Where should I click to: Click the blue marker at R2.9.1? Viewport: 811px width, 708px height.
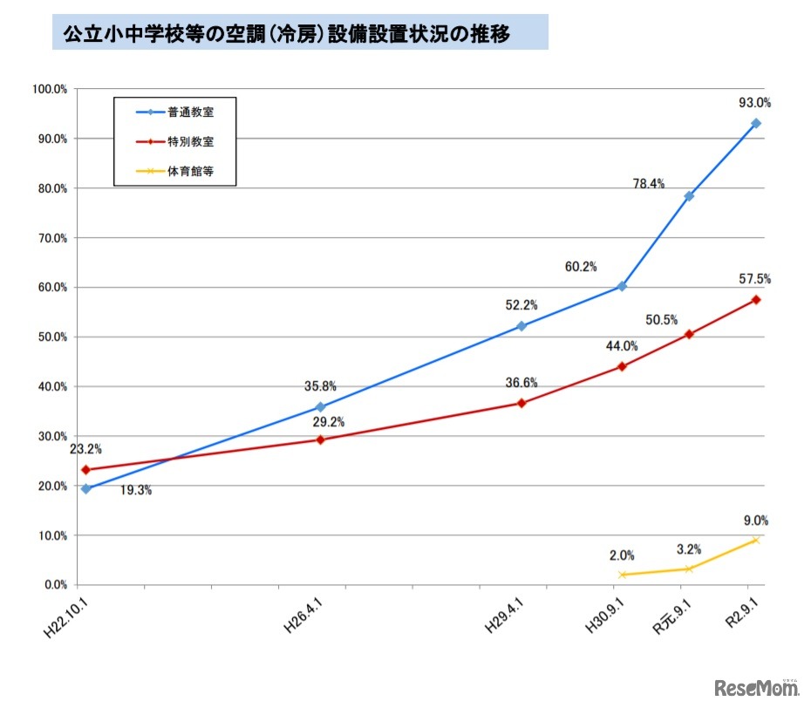coord(756,124)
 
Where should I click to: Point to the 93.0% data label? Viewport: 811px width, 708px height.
coord(754,103)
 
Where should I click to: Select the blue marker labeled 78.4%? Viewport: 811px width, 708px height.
coord(689,196)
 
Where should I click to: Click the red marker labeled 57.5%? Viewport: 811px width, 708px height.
coord(756,300)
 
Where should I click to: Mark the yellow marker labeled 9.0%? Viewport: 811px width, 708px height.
coord(756,540)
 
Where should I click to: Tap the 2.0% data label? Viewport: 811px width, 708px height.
coord(622,555)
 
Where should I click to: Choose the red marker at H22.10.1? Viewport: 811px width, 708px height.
coord(85,470)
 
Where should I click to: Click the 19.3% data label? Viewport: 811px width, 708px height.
coord(136,491)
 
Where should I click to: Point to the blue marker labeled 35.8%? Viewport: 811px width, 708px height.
coord(320,407)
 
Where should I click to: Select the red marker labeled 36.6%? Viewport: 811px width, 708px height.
coord(521,403)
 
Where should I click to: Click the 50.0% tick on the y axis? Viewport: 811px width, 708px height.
coord(50,337)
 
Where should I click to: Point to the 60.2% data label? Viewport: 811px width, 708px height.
coord(581,267)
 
